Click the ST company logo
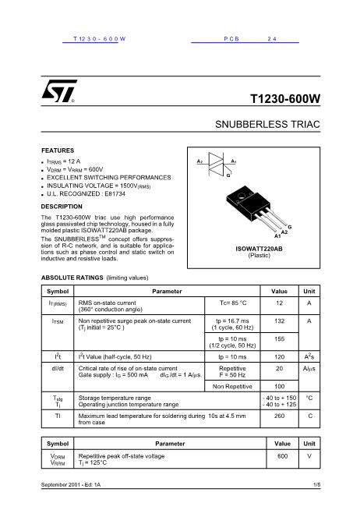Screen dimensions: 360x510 58,91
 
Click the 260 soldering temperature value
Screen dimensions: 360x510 279,416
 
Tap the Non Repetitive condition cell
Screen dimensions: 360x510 232,386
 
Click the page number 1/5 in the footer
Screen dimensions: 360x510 316,486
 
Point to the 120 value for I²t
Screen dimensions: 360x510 279,356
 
